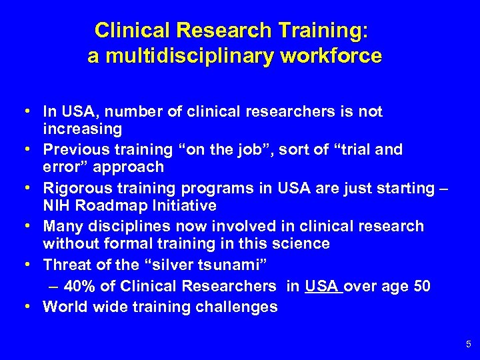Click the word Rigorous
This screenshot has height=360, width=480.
(x=73, y=189)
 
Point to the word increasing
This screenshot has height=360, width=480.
(x=82, y=128)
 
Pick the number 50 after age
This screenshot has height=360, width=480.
(x=421, y=286)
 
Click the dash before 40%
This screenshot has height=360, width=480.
(x=54, y=286)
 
